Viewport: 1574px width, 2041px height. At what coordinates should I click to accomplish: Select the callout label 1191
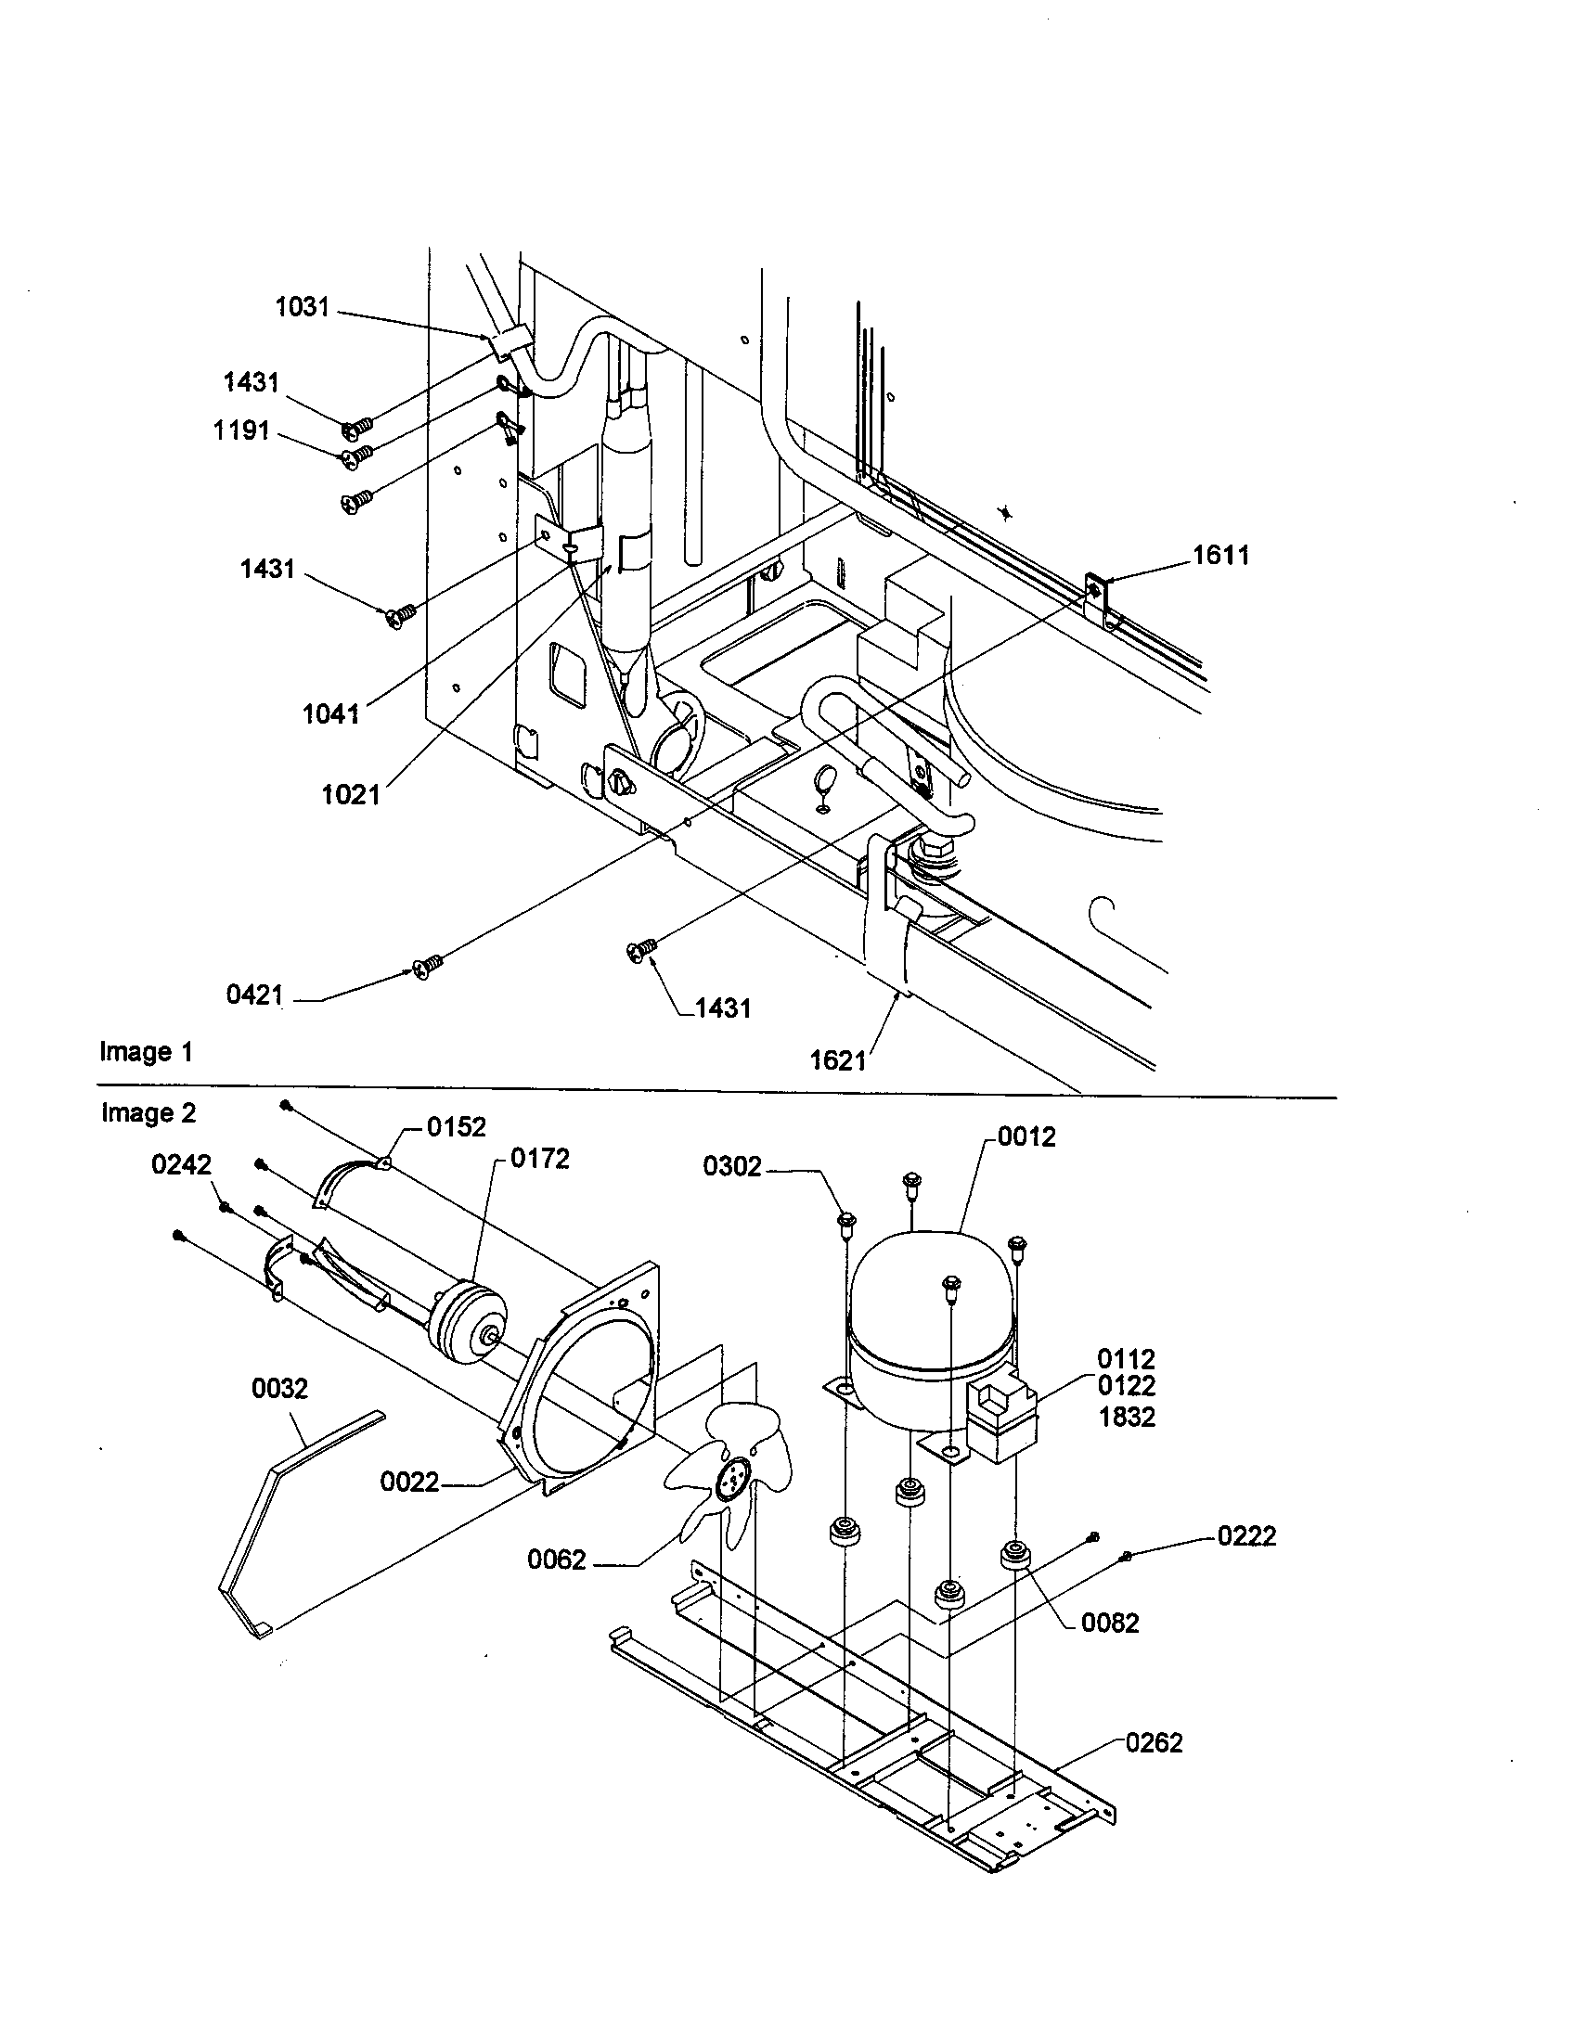(241, 430)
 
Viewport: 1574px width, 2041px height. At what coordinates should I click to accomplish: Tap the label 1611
(1220, 555)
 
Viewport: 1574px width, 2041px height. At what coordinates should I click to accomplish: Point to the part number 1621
(837, 1059)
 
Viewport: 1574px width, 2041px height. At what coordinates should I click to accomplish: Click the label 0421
(254, 995)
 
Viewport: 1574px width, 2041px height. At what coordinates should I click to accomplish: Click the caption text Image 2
(148, 1113)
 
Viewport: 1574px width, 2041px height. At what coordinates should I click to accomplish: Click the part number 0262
(1154, 1743)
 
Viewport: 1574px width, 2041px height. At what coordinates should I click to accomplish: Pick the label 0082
(1109, 1624)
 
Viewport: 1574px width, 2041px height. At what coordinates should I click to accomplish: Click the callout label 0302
(732, 1167)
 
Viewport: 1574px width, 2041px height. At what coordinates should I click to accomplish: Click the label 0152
(456, 1127)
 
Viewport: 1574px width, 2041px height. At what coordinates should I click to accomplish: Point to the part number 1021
(351, 794)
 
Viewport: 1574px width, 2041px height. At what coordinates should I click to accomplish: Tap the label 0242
(181, 1164)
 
